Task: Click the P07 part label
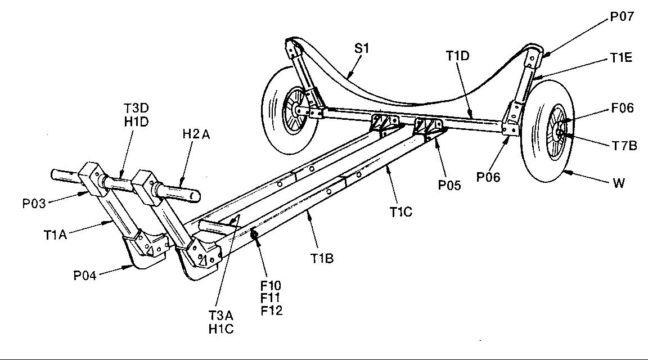[x=622, y=17]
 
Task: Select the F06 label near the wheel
[x=623, y=108]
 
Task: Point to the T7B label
[x=624, y=146]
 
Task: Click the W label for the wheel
[x=619, y=183]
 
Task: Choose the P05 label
[x=448, y=184]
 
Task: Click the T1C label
[x=401, y=211]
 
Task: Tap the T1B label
[x=322, y=258]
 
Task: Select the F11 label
[x=271, y=298]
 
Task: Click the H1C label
[x=221, y=328]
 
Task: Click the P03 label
[x=35, y=202]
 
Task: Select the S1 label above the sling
[x=361, y=48]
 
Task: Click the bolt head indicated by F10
[x=255, y=234]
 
